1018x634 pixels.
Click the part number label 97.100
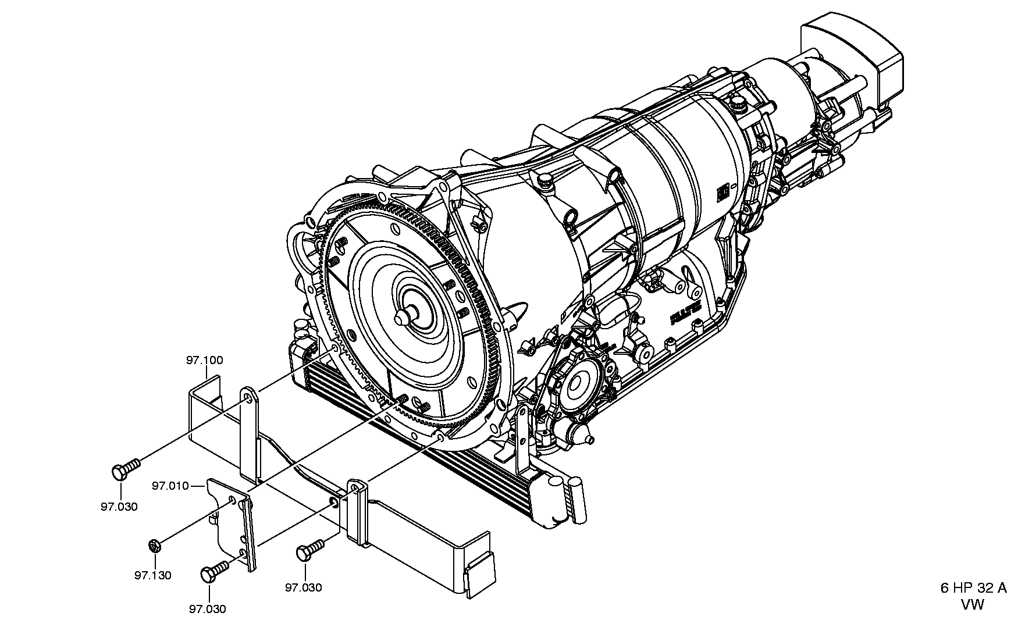click(x=204, y=361)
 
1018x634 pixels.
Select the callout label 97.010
click(x=170, y=486)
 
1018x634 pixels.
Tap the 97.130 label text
click(x=153, y=575)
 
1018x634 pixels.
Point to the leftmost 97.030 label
click(x=119, y=507)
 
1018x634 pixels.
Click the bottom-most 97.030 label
click(x=208, y=609)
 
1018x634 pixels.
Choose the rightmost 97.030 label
click(x=303, y=587)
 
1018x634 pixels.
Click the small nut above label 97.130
click(x=154, y=546)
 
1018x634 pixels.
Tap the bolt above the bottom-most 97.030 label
click(x=214, y=571)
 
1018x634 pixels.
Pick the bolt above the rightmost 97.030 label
click(x=312, y=550)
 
